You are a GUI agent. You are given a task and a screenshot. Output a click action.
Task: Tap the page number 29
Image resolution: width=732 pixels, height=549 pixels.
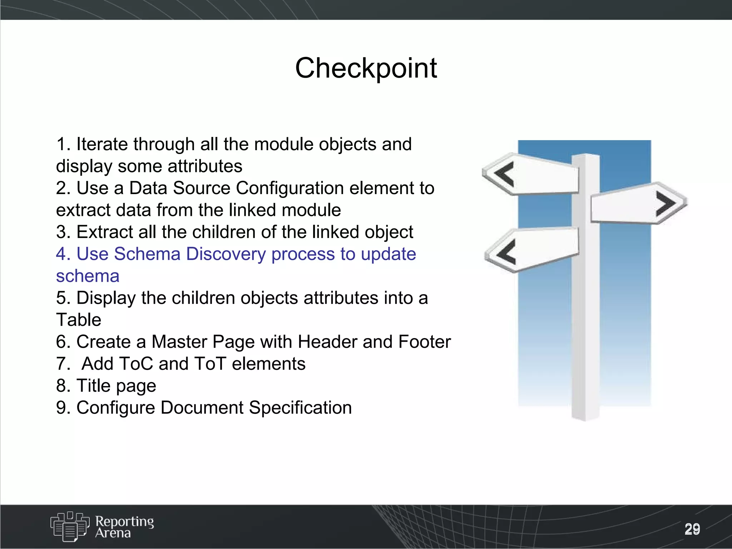point(692,529)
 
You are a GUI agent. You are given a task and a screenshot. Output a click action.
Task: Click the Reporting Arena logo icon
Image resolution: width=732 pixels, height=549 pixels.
point(69,526)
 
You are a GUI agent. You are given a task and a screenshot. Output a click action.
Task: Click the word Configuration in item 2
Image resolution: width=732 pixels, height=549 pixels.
point(290,188)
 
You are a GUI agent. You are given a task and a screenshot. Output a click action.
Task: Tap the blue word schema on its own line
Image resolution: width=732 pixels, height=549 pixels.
point(88,276)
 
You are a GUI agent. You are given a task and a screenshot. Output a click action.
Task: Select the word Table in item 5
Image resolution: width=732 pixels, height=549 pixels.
point(79,320)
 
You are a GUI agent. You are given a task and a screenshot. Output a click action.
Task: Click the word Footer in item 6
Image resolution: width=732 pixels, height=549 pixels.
point(424,342)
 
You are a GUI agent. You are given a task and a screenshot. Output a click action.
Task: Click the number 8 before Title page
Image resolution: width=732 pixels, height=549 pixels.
point(61,386)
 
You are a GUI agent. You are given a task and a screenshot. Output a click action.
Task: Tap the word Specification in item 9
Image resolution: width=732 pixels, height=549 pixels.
point(300,408)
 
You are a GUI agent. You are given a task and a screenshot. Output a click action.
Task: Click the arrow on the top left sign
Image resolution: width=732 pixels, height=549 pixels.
point(505,174)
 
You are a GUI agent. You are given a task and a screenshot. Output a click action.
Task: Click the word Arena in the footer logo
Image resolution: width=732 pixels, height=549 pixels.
point(113,533)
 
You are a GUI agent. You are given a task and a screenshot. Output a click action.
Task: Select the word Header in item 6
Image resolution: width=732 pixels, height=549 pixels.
point(327,342)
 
